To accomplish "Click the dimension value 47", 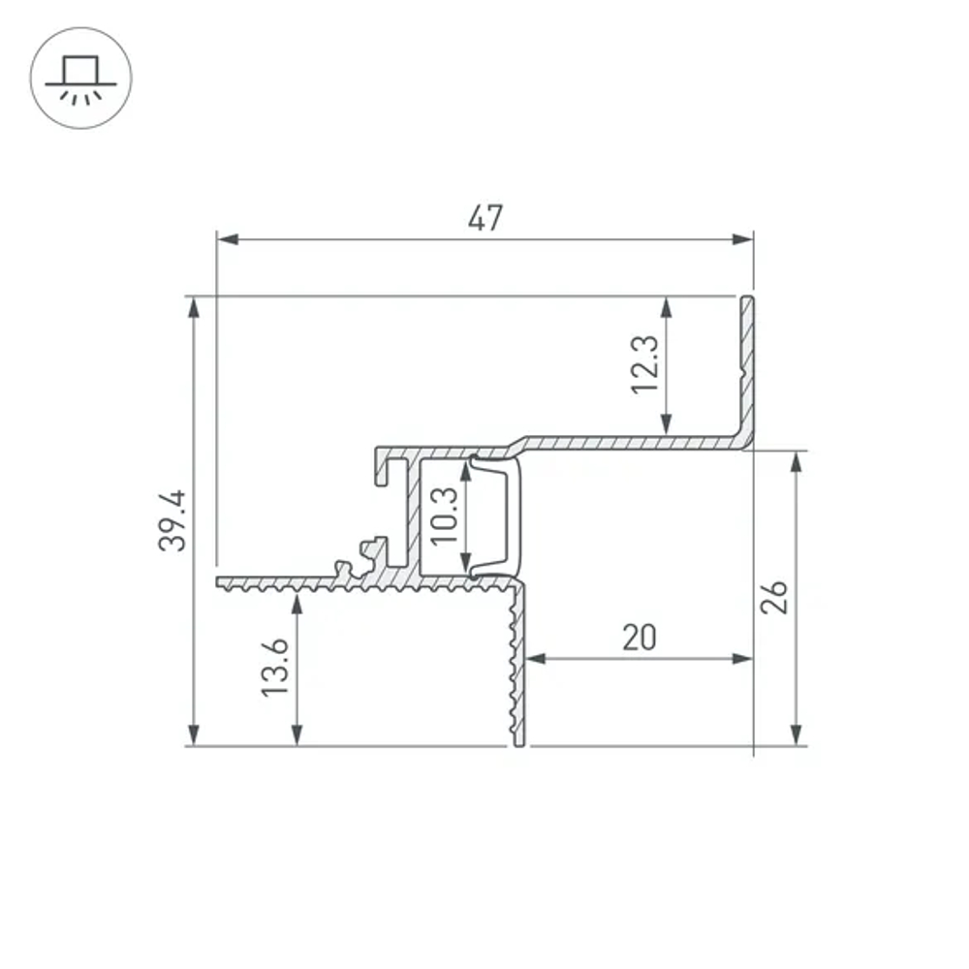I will point(484,219).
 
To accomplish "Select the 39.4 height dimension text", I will point(172,520).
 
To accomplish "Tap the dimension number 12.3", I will point(643,363).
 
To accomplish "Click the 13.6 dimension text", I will point(275,667).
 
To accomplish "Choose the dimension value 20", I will point(640,637).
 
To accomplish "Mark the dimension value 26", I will point(773,598).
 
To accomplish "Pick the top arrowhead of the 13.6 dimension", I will point(297,603).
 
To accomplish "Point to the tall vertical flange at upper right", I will point(748,368).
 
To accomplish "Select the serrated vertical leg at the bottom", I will point(517,669).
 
